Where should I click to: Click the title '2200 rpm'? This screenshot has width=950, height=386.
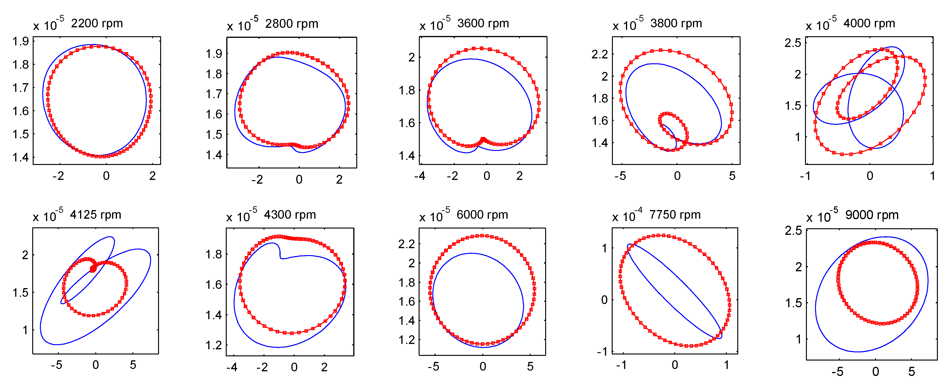click(97, 23)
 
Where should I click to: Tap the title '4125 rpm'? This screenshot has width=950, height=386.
click(95, 214)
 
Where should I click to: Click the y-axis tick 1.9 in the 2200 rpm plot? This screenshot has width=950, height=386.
click(21, 41)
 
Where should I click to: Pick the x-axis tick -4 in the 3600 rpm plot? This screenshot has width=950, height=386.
click(420, 176)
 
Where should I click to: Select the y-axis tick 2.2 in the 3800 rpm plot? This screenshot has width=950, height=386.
click(599, 55)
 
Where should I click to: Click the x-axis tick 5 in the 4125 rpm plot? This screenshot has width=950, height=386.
click(133, 365)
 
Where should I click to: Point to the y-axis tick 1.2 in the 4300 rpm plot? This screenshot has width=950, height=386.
click(214, 345)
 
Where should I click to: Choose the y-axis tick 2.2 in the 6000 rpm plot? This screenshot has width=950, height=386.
click(406, 244)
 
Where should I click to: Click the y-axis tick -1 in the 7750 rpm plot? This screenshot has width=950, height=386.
click(602, 352)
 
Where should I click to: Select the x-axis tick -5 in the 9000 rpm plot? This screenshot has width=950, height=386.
click(837, 372)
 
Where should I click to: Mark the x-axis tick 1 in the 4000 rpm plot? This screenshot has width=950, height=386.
click(932, 176)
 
